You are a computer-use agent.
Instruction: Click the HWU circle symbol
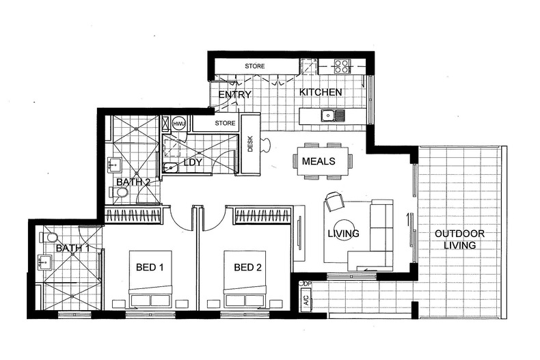click(179, 124)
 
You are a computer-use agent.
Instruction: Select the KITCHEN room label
click(321, 92)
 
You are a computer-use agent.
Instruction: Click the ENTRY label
click(235, 95)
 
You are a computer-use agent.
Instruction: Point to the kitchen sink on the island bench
click(333, 116)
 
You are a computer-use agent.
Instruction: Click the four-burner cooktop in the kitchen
click(342, 66)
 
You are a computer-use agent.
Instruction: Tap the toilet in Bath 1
click(49, 238)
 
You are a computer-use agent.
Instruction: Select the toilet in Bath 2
click(119, 193)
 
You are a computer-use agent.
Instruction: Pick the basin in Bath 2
click(115, 165)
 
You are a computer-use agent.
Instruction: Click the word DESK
click(250, 144)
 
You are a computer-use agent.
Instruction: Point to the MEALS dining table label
click(319, 161)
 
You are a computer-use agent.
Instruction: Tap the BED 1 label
click(150, 267)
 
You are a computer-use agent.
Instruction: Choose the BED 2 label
click(247, 267)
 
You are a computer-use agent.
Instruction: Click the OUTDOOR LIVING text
click(459, 240)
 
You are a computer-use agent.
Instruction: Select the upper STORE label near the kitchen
click(255, 66)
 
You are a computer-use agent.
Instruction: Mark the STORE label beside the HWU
click(226, 123)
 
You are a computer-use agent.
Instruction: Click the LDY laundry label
click(193, 162)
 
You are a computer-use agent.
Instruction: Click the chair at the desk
click(266, 144)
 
